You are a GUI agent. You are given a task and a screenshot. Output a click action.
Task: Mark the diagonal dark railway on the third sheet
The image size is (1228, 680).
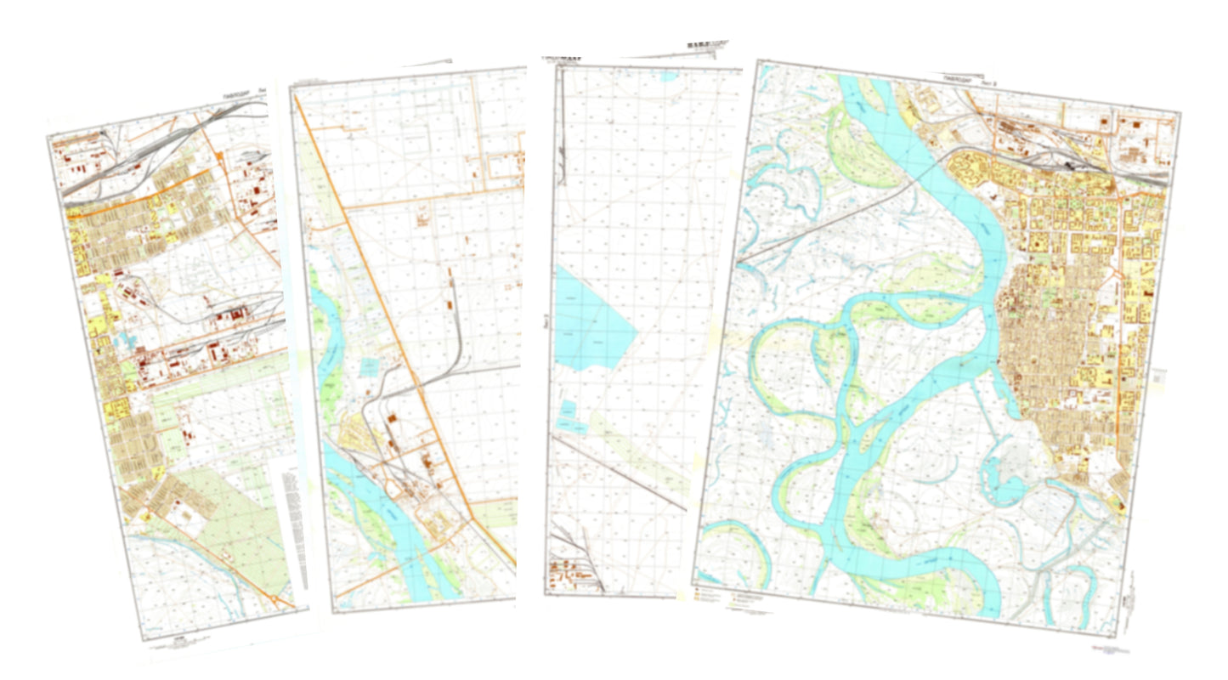point(620,473)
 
